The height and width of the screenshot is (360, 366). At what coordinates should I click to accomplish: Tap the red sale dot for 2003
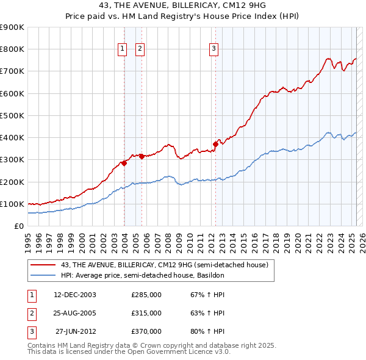[x=124, y=163]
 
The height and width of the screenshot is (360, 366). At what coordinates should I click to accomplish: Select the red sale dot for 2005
[x=142, y=156]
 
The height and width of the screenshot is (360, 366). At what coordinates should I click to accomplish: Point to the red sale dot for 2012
[x=215, y=144]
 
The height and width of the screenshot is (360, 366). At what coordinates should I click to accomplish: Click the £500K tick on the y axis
[x=12, y=115]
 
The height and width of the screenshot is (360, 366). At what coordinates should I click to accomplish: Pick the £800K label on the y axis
[x=12, y=49]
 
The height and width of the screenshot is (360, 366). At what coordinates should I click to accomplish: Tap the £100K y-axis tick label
[x=12, y=204]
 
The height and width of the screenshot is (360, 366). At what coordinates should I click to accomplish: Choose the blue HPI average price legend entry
[x=143, y=275]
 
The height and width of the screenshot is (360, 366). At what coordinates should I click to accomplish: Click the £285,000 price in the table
[x=146, y=295]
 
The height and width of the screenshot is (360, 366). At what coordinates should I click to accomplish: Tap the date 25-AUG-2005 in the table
[x=75, y=313]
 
